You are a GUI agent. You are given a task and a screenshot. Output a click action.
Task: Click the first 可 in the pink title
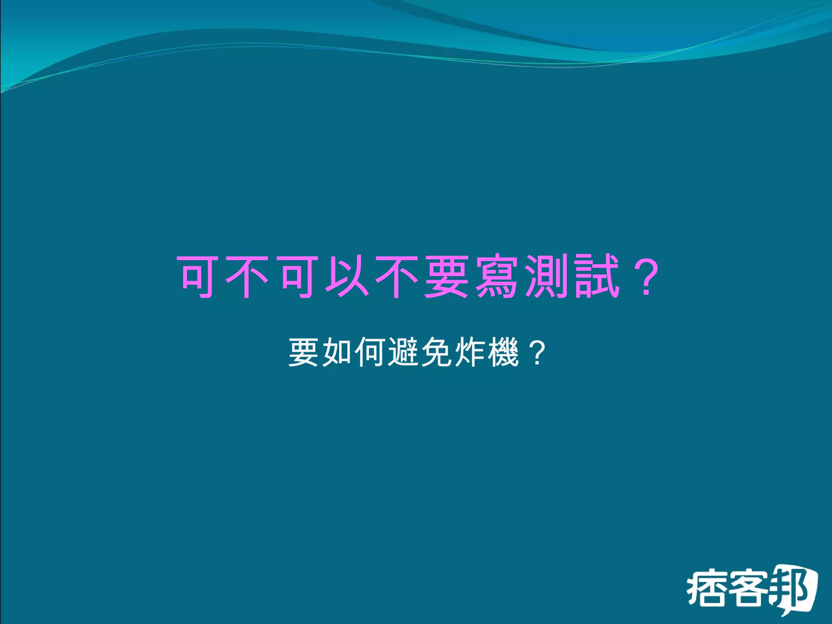point(198,277)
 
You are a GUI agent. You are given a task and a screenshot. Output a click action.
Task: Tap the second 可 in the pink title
point(297,277)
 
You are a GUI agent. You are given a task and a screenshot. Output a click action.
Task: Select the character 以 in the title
point(347,277)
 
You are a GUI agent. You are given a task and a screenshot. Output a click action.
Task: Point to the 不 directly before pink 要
point(396,277)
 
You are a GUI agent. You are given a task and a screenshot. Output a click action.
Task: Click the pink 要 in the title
point(446,277)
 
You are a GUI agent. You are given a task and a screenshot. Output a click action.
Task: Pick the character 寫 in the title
point(496,277)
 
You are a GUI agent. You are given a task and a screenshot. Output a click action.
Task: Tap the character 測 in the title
point(545,277)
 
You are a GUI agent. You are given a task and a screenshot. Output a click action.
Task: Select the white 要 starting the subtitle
point(303,353)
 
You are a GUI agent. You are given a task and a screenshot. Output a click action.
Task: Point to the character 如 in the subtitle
point(337,353)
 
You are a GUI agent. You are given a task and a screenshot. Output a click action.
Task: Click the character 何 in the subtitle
point(370,353)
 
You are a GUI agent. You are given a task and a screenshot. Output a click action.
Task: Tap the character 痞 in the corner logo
point(706,589)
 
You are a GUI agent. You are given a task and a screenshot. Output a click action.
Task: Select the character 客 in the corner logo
point(748,589)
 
